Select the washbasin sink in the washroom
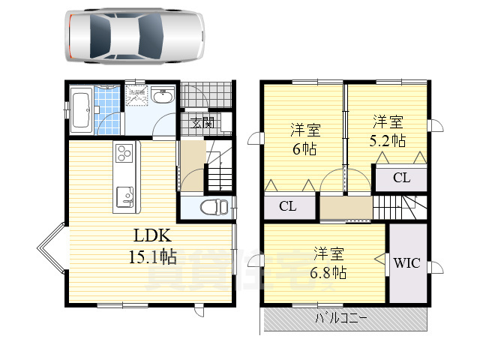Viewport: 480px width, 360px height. pyautogui.click(x=162, y=97)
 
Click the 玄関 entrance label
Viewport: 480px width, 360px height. pyautogui.click(x=202, y=123)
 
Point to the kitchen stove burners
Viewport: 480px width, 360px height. pyautogui.click(x=124, y=155)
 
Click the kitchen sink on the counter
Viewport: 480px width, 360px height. pyautogui.click(x=125, y=197)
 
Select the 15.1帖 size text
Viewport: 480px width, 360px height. pyautogui.click(x=151, y=257)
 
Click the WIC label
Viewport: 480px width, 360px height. pyautogui.click(x=406, y=263)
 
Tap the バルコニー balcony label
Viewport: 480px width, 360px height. pyautogui.click(x=342, y=318)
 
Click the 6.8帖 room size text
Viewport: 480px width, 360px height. pyautogui.click(x=329, y=271)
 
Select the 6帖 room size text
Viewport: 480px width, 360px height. pyautogui.click(x=304, y=148)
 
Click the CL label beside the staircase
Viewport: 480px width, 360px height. pyautogui.click(x=401, y=178)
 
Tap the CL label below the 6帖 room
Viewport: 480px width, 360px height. pyautogui.click(x=286, y=206)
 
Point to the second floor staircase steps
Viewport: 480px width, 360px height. pyautogui.click(x=397, y=205)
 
